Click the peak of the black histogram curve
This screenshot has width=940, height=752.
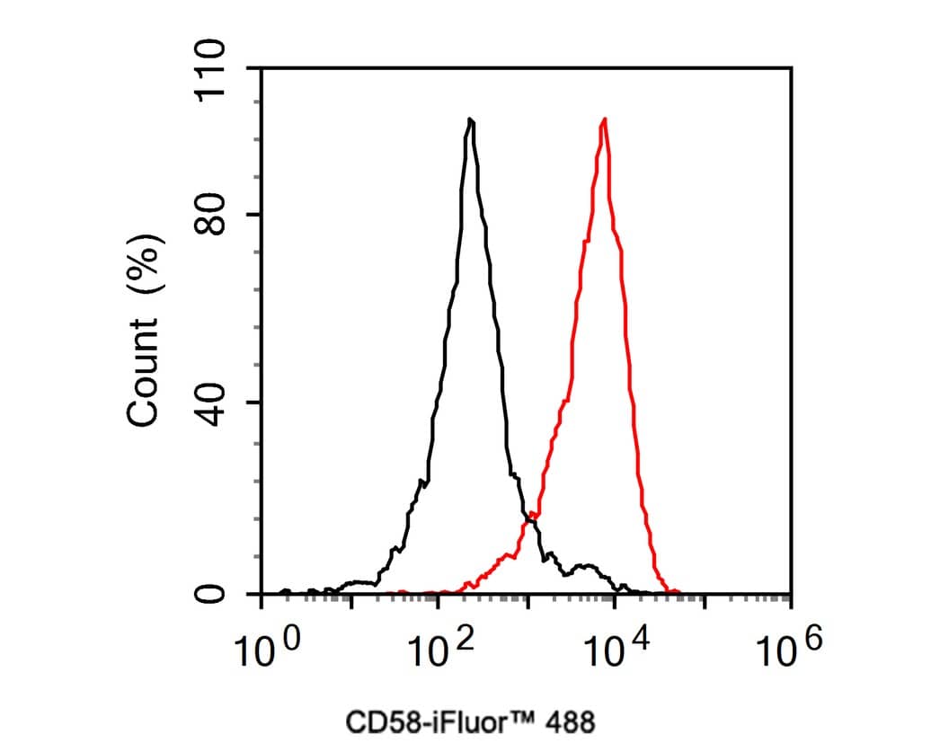(470, 120)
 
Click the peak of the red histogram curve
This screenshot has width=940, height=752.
(605, 120)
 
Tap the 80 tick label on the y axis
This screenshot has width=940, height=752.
(215, 215)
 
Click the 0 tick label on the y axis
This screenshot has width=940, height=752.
(215, 594)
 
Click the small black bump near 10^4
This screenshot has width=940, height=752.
(587, 567)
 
